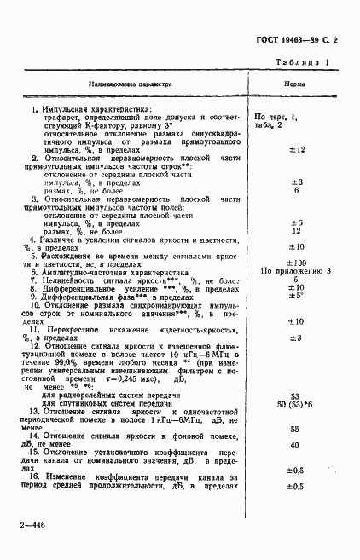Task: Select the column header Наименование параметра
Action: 131,85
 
